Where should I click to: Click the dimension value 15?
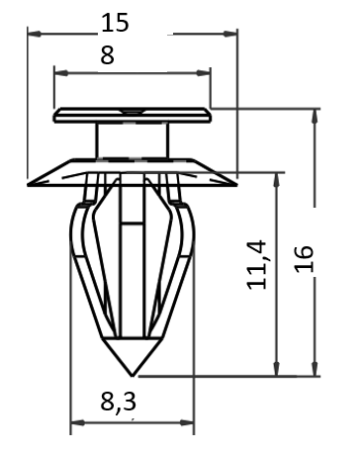click(115, 23)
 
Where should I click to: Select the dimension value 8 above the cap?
click(107, 55)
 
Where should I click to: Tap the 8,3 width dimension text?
click(118, 402)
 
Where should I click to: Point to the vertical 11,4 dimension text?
click(256, 265)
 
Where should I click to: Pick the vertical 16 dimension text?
click(304, 259)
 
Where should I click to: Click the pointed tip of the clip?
click(132, 376)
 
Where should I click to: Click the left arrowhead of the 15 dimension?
click(35, 34)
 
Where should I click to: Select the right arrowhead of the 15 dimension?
click(230, 34)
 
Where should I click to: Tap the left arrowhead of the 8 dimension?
click(61, 73)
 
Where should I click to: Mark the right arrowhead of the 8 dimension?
click(204, 73)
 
